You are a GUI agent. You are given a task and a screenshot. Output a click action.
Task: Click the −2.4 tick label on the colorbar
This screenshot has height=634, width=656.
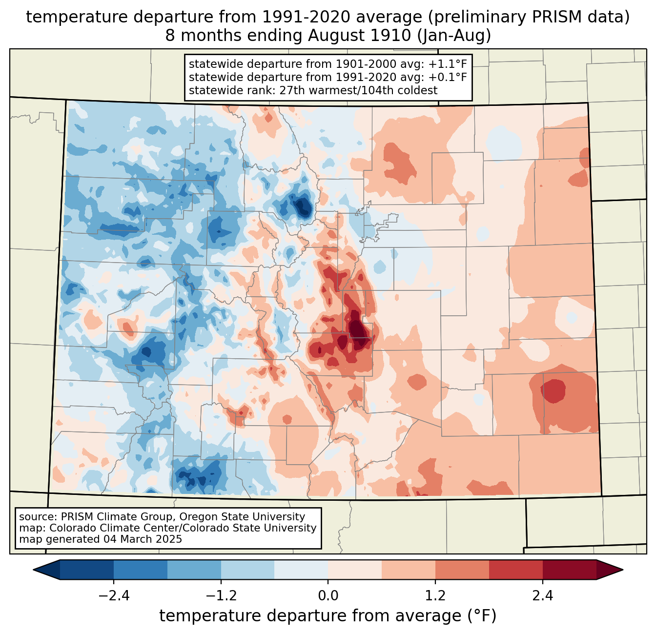coord(114,596)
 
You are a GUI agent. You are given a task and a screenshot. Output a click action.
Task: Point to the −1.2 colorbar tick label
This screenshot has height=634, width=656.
coord(221,596)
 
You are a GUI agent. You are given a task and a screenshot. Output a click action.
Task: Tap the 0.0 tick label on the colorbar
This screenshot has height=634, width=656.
coord(328,596)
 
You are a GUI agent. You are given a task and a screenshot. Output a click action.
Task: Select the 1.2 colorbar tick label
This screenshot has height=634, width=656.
coord(435,596)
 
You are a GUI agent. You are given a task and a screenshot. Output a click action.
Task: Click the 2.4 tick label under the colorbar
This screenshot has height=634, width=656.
coord(543,596)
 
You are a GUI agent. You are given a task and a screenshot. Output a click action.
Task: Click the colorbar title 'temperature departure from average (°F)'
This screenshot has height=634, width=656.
coord(328,616)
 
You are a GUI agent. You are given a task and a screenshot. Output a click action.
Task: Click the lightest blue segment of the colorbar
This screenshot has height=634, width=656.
coord(301,570)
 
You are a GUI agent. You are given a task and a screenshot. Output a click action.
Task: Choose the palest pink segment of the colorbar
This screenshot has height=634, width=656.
coord(355,570)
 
